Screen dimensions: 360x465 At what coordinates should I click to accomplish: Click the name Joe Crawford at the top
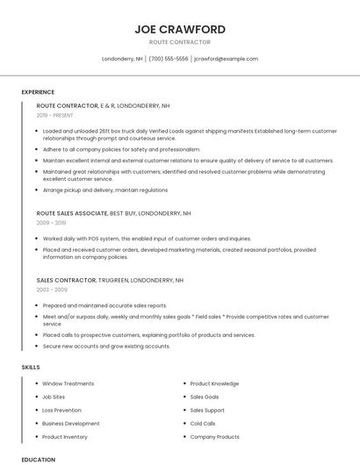pos(179,28)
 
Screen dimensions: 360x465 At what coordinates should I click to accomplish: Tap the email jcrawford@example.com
pos(226,59)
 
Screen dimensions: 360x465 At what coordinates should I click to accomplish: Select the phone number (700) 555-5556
pos(169,59)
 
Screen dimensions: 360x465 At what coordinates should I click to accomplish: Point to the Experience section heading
pos(38,92)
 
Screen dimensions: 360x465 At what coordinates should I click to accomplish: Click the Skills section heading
pos(30,367)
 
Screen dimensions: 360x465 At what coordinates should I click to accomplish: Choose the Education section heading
pos(39,459)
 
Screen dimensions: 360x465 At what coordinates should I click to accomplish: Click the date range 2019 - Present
pos(56,115)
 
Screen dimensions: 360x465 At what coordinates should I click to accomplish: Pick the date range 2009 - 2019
pos(51,223)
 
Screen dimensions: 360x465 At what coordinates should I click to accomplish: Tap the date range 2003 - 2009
pos(52,290)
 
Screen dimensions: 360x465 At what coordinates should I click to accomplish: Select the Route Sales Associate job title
pos(72,213)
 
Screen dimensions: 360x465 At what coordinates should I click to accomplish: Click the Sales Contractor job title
pos(66,280)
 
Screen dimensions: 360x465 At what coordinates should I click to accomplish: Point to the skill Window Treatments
pos(68,383)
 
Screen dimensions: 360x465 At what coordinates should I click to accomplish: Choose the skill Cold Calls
pos(203,423)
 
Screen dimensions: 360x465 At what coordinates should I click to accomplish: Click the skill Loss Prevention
pos(61,410)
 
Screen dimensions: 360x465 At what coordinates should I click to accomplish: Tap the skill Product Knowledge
pos(214,383)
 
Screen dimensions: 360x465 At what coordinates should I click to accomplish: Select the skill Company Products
pos(214,436)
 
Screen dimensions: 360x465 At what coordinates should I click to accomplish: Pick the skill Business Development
pos(70,423)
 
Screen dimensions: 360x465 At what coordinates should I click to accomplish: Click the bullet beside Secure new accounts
pos(37,346)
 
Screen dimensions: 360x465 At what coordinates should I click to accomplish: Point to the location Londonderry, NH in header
pos(122,59)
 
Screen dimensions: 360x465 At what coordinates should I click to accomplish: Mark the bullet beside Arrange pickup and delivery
pos(37,190)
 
